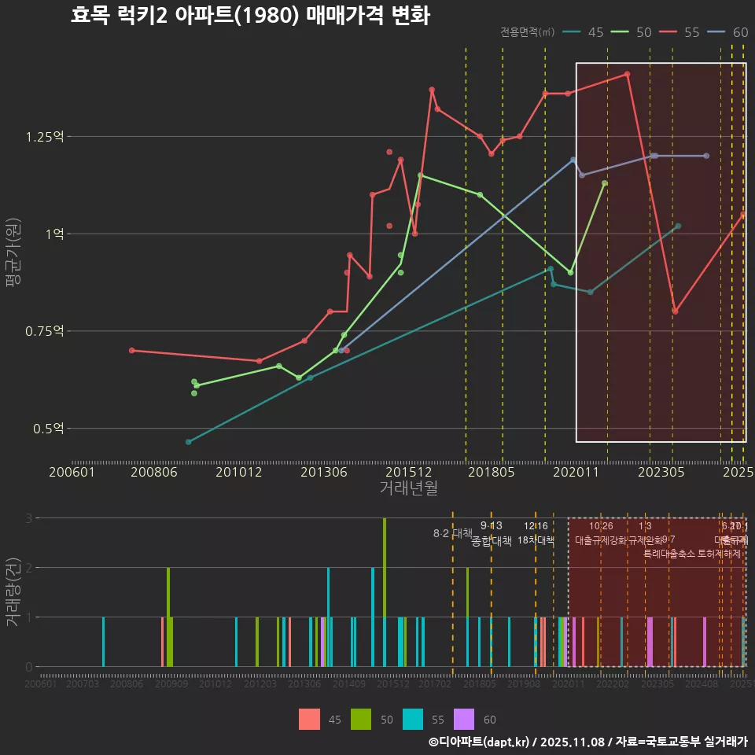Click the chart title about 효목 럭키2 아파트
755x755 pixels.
coord(250,16)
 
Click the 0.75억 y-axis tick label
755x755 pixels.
coord(46,331)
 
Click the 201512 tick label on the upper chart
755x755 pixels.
coord(410,473)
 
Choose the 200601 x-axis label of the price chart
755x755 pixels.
coord(72,473)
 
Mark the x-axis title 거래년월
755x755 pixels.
coord(408,488)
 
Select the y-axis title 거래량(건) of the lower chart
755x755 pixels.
coord(13,592)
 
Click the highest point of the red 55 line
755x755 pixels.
coord(627,74)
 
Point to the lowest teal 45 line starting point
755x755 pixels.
coord(188,442)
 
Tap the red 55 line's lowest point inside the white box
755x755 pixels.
coord(675,311)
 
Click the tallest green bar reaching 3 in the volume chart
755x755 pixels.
coord(385,591)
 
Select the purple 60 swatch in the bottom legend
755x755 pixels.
coord(465,720)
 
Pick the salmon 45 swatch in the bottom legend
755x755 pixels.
coord(309,720)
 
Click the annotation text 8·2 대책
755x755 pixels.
coord(452,532)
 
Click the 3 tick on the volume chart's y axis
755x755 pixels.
coord(29,518)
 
